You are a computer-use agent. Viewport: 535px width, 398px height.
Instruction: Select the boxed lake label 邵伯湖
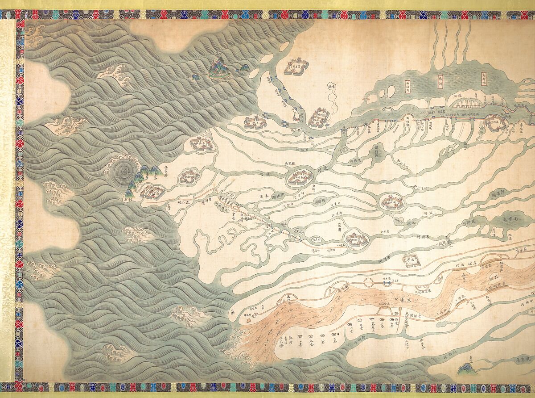[407, 85]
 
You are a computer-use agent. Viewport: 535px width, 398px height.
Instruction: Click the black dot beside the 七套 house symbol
[338, 334]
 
